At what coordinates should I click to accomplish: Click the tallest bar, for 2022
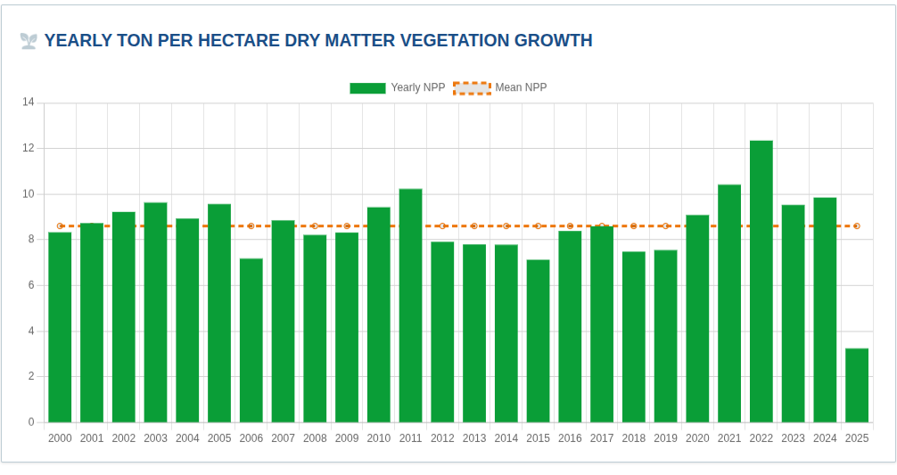click(761, 281)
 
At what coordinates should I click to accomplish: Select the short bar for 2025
click(856, 385)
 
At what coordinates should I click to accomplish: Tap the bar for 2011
click(410, 305)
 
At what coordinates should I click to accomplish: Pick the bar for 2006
click(251, 340)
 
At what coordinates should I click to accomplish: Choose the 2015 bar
click(538, 340)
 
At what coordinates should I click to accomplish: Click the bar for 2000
click(60, 326)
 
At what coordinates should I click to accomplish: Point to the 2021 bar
click(729, 303)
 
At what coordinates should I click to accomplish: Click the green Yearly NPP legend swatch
click(367, 88)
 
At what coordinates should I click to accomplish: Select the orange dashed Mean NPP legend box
click(472, 88)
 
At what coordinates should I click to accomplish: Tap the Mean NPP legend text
click(521, 88)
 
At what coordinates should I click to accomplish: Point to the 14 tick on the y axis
click(29, 102)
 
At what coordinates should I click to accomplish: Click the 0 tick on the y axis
click(31, 422)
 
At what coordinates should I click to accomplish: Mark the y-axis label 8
click(31, 240)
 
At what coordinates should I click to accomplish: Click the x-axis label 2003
click(155, 438)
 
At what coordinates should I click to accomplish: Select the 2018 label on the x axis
click(633, 438)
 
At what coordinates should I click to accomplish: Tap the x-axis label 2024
click(825, 438)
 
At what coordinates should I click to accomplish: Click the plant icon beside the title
click(29, 41)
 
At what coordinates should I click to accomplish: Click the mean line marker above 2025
click(857, 226)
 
